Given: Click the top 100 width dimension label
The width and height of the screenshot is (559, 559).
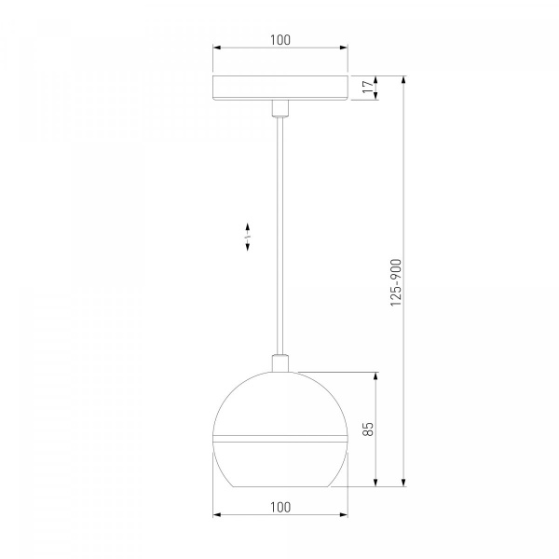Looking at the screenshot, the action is tap(280, 40).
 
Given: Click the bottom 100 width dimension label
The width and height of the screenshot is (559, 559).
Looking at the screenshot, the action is tap(280, 507).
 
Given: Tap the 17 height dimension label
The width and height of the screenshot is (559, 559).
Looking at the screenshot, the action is tap(368, 87).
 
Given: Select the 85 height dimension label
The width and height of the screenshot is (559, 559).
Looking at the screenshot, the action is tap(368, 429).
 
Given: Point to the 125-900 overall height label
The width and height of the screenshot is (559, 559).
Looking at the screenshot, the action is tap(396, 282).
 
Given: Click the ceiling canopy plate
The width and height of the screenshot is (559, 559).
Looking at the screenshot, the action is tap(280, 89).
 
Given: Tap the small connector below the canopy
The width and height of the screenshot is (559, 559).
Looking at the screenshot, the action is tap(280, 109).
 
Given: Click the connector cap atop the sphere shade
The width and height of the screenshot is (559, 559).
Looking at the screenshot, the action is tap(280, 363).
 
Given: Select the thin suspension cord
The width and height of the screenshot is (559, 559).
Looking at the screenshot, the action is tap(280, 236).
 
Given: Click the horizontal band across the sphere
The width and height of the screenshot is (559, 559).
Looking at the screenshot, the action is tap(280, 439).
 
